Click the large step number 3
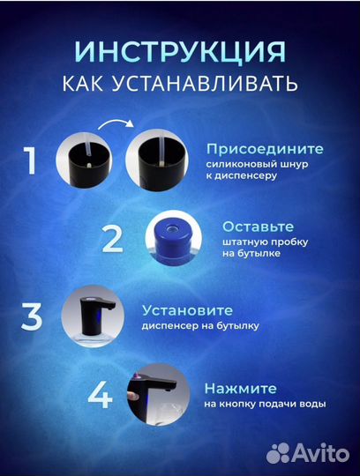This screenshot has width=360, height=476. [x=31, y=316]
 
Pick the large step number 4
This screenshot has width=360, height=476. [x=100, y=394]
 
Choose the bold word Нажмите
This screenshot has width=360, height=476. [x=240, y=388]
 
